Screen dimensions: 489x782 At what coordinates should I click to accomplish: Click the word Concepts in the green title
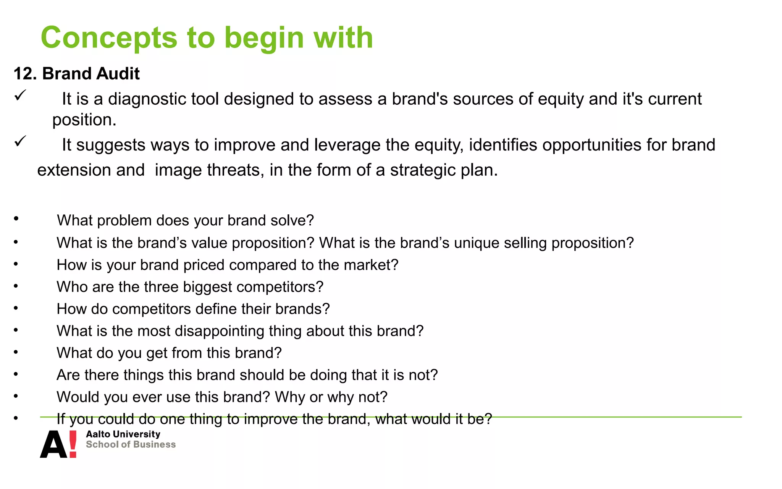pyautogui.click(x=109, y=38)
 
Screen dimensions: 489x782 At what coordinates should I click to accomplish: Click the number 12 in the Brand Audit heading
pyautogui.click(x=24, y=74)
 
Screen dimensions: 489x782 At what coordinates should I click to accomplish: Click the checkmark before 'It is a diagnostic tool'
pyautogui.click(x=20, y=95)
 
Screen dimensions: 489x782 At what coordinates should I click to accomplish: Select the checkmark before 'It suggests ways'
pyautogui.click(x=20, y=141)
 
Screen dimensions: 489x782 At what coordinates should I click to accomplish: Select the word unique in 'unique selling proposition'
pyautogui.click(x=476, y=243)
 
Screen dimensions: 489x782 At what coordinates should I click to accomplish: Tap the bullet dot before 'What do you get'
pyautogui.click(x=16, y=352)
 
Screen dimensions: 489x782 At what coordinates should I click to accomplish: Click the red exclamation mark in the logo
pyautogui.click(x=73, y=444)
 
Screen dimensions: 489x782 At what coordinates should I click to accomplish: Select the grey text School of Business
pyautogui.click(x=131, y=445)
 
